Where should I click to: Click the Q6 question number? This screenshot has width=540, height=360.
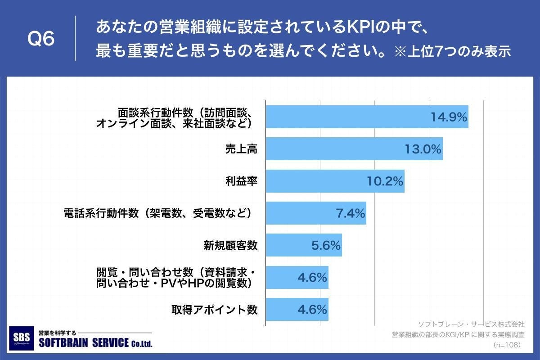[41, 39]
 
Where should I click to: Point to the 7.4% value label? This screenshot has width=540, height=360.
[350, 213]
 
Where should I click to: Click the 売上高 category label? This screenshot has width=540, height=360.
[241, 149]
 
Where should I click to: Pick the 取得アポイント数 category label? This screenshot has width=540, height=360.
[214, 310]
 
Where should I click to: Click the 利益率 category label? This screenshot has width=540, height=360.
[241, 181]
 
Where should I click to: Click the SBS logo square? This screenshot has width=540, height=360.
[21, 338]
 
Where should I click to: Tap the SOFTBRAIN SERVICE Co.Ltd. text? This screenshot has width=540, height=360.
[95, 343]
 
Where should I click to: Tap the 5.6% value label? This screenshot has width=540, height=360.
[326, 245]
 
